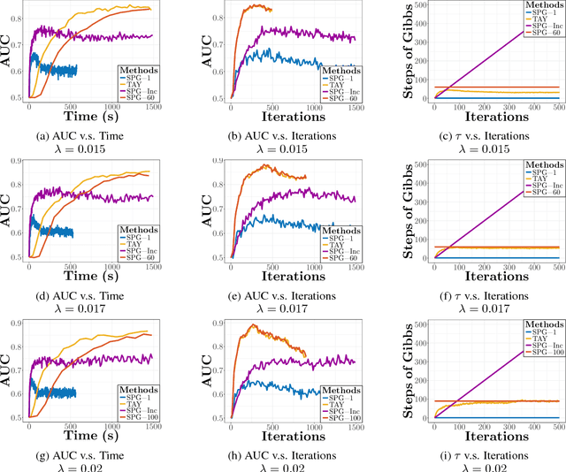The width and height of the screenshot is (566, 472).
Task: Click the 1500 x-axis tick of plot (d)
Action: pyautogui.click(x=151, y=263)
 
